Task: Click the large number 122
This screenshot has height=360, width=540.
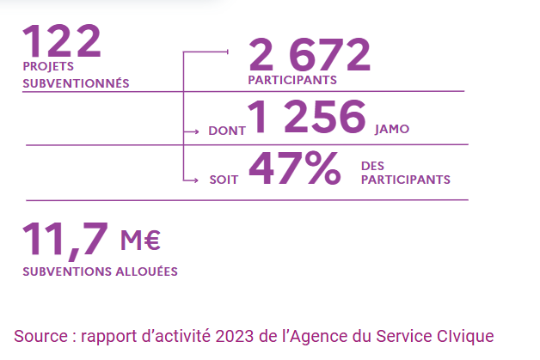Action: [x=62, y=40]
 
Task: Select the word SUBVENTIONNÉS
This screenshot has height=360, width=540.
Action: [x=76, y=83]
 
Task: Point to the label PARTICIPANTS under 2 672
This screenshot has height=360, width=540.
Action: [x=291, y=80]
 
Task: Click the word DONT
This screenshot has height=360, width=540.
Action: [x=226, y=132]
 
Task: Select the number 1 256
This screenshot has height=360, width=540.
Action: [x=307, y=118]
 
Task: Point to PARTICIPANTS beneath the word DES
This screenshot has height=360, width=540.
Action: [x=405, y=180]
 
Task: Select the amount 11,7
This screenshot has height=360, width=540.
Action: [x=65, y=240]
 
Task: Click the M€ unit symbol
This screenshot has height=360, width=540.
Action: [x=141, y=241]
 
